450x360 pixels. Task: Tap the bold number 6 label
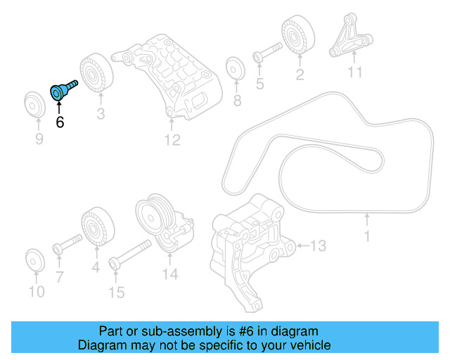pyautogui.click(x=60, y=122)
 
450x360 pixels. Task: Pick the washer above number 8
pyautogui.click(x=235, y=69)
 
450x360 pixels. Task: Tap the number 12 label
pyautogui.click(x=172, y=141)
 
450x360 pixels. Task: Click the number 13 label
pyautogui.click(x=318, y=245)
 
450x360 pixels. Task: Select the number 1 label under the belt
pyautogui.click(x=366, y=237)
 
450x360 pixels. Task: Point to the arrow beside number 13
pyautogui.click(x=303, y=245)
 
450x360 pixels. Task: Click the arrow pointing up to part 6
pyautogui.click(x=59, y=105)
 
